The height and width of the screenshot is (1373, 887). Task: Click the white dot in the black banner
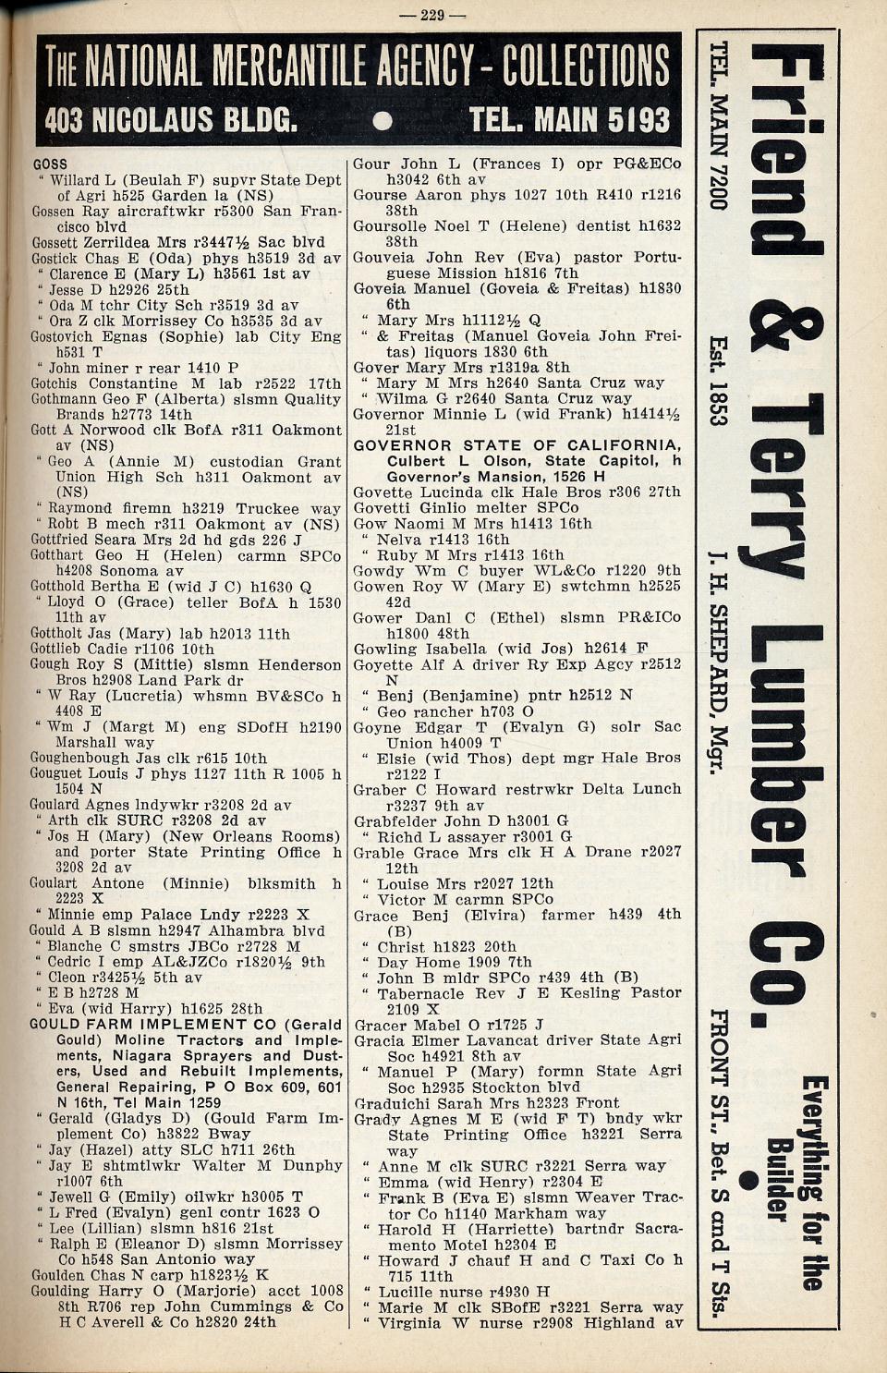[383, 121]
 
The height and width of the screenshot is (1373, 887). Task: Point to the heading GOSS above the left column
[50, 164]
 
